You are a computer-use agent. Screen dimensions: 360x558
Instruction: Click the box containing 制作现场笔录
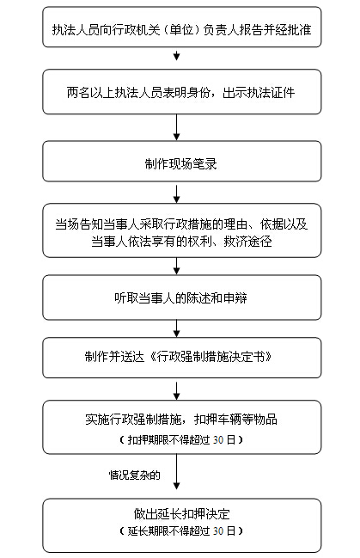click(182, 161)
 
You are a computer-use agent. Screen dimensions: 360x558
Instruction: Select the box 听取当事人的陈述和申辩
click(182, 297)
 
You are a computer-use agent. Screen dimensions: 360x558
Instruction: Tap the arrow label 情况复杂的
click(135, 475)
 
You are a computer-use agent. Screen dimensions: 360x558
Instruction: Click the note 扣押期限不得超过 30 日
click(181, 440)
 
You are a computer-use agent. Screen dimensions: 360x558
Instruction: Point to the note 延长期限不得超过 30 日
click(181, 531)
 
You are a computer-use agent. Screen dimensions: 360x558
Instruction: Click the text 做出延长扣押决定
click(181, 513)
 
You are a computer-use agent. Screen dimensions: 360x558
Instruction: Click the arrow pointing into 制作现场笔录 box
click(176, 127)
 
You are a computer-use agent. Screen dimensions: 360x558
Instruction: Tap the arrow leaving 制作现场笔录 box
click(176, 193)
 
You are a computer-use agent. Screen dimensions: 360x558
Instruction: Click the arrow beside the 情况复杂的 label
click(176, 471)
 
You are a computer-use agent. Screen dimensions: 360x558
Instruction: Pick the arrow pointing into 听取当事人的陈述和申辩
click(176, 266)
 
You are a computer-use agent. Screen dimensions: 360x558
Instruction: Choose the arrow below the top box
click(176, 56)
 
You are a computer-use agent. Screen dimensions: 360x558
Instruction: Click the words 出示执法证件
click(259, 93)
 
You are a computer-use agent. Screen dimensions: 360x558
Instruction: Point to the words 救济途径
click(247, 242)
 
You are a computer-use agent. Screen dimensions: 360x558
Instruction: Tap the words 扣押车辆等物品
click(235, 420)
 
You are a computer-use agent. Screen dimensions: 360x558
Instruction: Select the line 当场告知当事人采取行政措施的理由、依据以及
click(181, 224)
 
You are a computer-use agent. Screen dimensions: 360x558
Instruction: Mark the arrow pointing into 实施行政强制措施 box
click(176, 391)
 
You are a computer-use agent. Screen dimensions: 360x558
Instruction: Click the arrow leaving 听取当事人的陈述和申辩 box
click(176, 328)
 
